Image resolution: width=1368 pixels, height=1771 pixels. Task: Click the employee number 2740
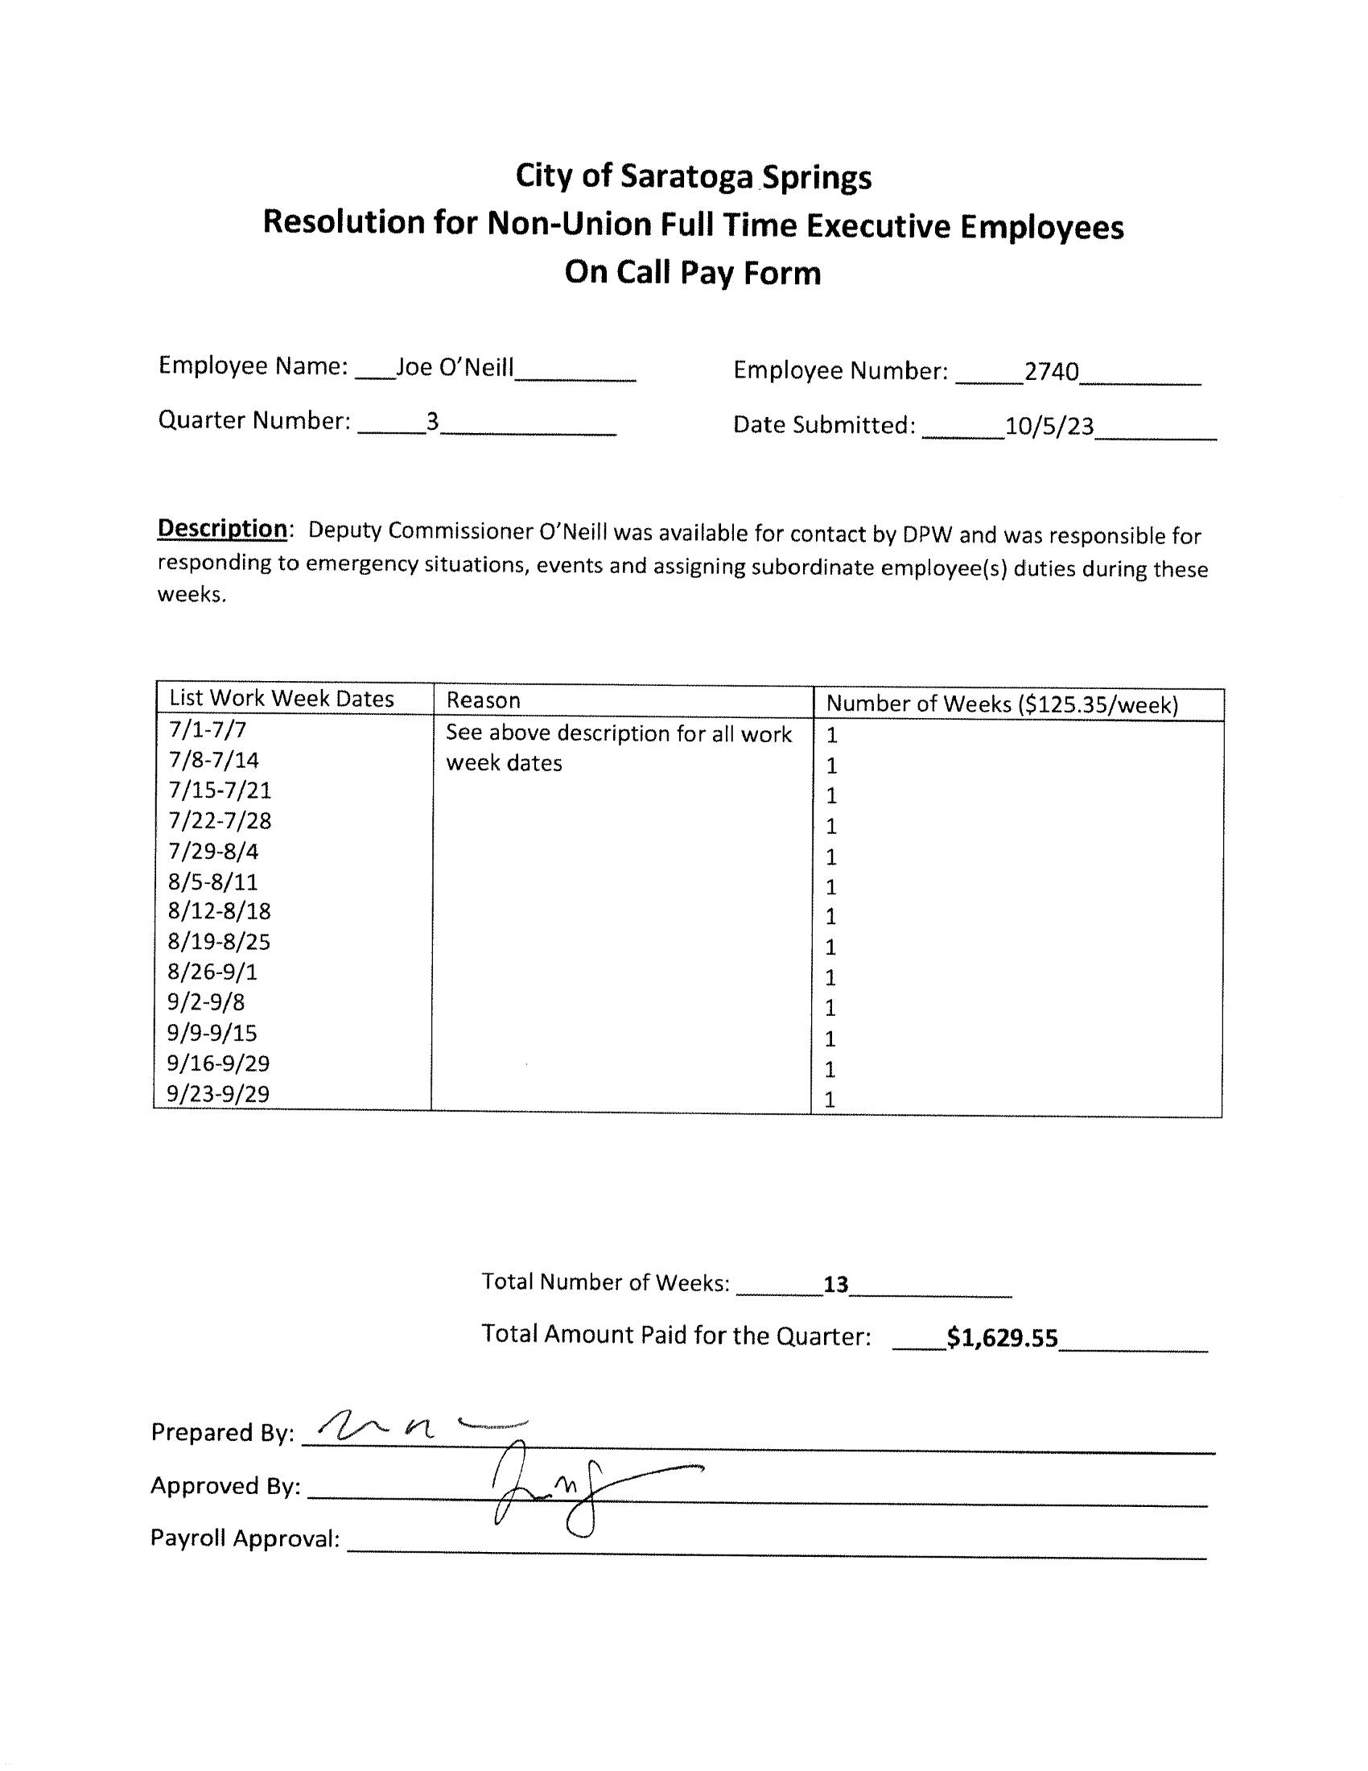pyautogui.click(x=1051, y=371)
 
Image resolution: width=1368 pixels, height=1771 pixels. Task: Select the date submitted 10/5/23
pyautogui.click(x=1049, y=426)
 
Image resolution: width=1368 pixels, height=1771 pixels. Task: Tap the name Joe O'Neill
pyautogui.click(x=455, y=367)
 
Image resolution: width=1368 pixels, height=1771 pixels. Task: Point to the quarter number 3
pyautogui.click(x=433, y=421)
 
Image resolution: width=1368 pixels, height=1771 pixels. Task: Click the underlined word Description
pyautogui.click(x=222, y=528)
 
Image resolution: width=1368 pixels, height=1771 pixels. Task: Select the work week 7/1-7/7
pyautogui.click(x=208, y=730)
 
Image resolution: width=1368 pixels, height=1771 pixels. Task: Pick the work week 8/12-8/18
pyautogui.click(x=219, y=911)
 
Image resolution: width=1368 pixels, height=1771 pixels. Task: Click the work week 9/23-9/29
pyautogui.click(x=218, y=1094)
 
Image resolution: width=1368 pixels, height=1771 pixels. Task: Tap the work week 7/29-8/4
pyautogui.click(x=213, y=852)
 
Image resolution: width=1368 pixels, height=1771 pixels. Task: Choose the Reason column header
pyautogui.click(x=483, y=700)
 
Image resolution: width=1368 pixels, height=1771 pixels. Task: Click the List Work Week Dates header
pyautogui.click(x=281, y=699)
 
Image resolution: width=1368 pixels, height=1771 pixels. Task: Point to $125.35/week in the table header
pyautogui.click(x=1094, y=704)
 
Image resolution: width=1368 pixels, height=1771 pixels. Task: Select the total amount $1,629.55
pyautogui.click(x=1002, y=1338)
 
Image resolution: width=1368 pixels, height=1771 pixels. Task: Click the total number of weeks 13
pyautogui.click(x=835, y=1285)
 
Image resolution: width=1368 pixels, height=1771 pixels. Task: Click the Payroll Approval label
pyautogui.click(x=245, y=1538)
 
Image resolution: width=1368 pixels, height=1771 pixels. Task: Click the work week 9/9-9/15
pyautogui.click(x=212, y=1033)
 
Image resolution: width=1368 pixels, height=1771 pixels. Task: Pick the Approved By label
pyautogui.click(x=225, y=1485)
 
